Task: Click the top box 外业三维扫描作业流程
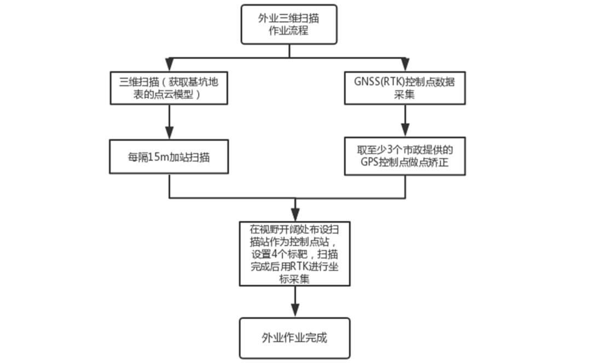pyautogui.click(x=288, y=25)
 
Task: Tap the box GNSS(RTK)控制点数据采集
pyautogui.click(x=405, y=88)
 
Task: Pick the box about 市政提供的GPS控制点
pyautogui.click(x=405, y=156)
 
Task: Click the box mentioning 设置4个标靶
pyautogui.click(x=295, y=253)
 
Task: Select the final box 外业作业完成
pyautogui.click(x=294, y=338)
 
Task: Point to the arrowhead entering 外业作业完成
pyautogui.click(x=295, y=311)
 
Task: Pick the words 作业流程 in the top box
pyautogui.click(x=288, y=31)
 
